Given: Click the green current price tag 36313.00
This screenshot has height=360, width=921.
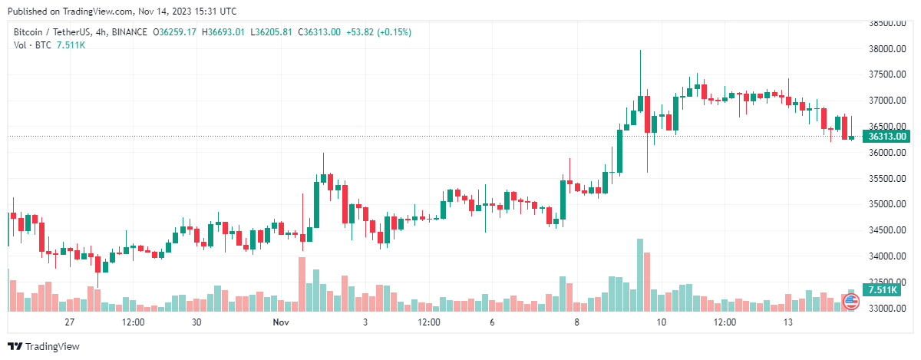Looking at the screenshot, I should click(886, 137).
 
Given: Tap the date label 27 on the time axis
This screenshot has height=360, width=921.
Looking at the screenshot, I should click(70, 322).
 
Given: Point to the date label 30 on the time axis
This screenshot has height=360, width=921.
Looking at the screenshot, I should click(196, 322).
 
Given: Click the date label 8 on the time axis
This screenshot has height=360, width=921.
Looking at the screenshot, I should click(577, 322).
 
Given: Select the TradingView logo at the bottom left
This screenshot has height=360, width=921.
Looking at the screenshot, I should click(44, 346).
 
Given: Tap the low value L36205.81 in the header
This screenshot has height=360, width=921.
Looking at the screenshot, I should click(272, 31).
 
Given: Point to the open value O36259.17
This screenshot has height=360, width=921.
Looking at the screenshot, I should click(175, 31).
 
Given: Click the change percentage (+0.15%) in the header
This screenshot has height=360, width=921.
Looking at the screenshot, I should click(389, 31).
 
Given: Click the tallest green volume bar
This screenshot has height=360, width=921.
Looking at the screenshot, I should click(639, 275).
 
